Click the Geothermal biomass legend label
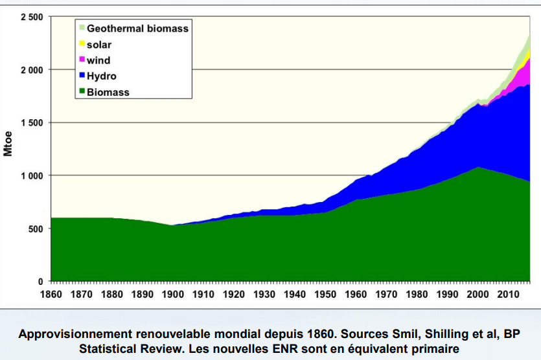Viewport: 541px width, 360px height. tap(137, 28)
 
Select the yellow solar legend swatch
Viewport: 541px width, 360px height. tap(82, 45)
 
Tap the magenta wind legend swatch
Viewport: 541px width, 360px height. tap(82, 60)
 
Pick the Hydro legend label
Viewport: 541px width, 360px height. tap(102, 76)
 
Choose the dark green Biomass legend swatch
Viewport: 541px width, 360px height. tap(82, 92)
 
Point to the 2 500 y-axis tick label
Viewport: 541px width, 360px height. tap(31, 17)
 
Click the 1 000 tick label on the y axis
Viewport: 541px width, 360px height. tap(31, 176)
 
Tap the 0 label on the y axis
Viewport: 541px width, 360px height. tap(40, 282)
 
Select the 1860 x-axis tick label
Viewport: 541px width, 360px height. tap(51, 295)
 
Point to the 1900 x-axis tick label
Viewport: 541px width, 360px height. tap(172, 295)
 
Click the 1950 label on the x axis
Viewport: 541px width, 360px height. tap(325, 295)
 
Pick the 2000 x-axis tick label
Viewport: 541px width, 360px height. tap(477, 295)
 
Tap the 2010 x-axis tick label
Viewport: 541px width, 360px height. tap(507, 295)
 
